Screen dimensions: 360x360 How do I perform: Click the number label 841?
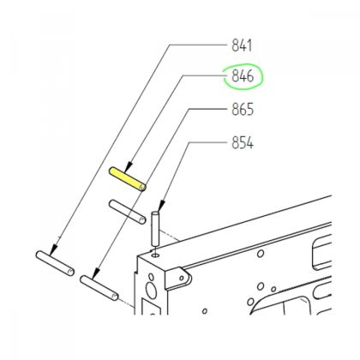click(242, 45)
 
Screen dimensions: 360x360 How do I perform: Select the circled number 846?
click(243, 76)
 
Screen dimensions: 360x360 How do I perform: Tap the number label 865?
click(243, 110)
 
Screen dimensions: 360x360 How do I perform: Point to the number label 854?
click(243, 142)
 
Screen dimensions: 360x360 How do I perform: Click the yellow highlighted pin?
click(128, 179)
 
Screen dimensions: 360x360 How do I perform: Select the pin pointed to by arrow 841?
click(55, 263)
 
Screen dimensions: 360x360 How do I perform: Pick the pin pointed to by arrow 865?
click(99, 288)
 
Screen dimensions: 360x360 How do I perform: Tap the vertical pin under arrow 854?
click(154, 229)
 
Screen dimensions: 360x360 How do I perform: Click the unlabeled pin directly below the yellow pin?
click(128, 212)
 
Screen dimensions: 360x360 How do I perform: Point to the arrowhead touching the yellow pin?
click(129, 167)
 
